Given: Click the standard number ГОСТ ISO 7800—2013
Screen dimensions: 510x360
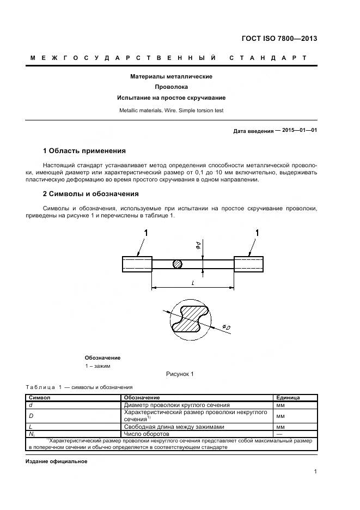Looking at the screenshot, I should [x=279, y=39].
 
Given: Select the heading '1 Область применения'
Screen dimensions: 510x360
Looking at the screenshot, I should [x=84, y=150].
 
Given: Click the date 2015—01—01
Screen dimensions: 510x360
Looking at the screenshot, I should [x=300, y=131].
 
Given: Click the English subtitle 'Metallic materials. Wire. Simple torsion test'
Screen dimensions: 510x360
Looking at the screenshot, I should [x=171, y=110].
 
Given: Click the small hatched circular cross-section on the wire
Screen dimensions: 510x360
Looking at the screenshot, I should [x=177, y=264].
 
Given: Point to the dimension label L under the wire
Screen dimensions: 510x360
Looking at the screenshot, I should [x=193, y=283].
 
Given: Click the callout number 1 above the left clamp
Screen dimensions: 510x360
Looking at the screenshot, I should [x=146, y=233].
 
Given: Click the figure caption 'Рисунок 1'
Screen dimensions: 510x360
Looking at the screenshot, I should [x=180, y=374].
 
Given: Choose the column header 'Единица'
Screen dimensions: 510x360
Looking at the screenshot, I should [x=288, y=398].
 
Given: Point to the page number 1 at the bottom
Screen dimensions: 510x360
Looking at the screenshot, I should [x=315, y=472].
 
